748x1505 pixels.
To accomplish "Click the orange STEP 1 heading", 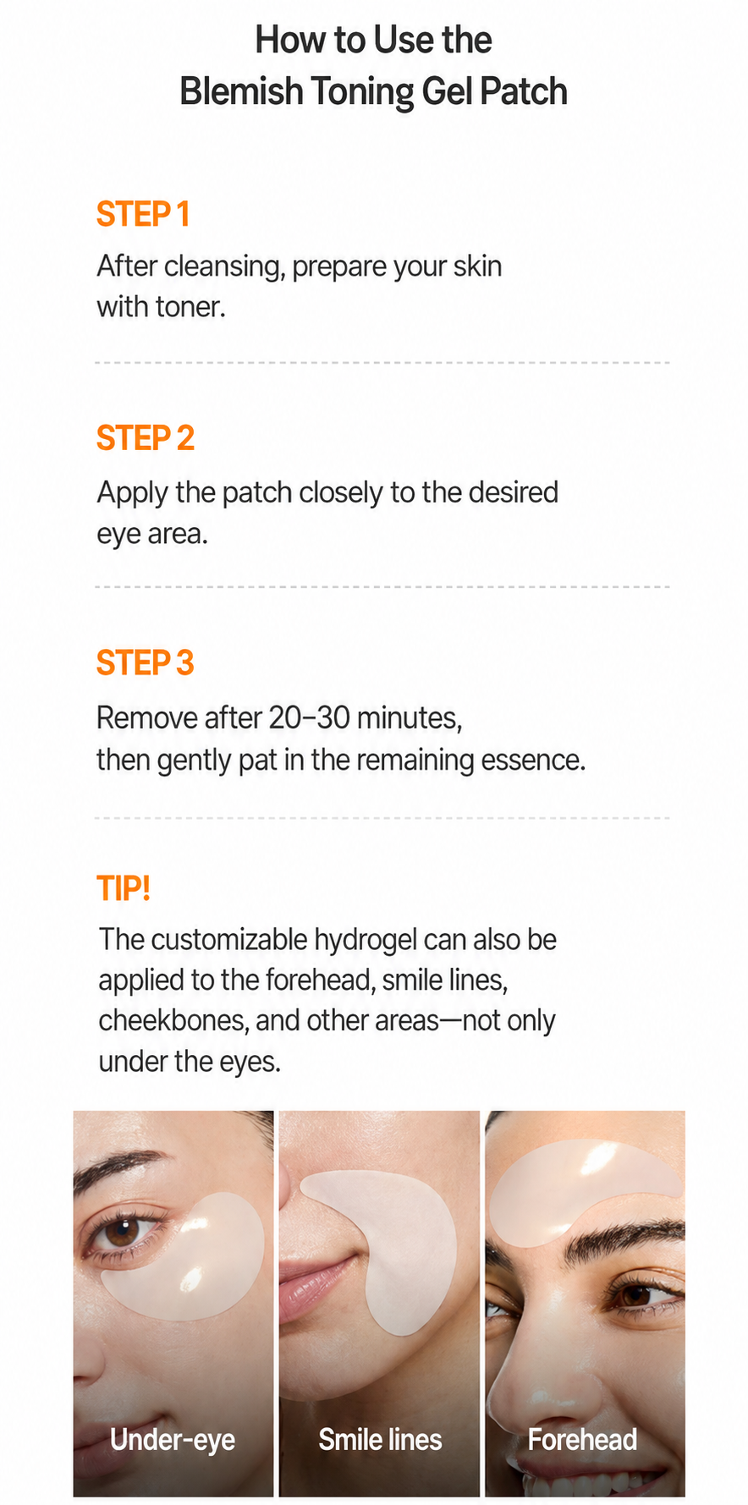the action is (142, 214).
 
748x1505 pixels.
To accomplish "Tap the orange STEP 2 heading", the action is (146, 438).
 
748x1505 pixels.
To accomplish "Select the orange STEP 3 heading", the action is (146, 663).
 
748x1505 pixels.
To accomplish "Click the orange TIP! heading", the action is (124, 888).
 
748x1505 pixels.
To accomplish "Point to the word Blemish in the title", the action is (241, 91).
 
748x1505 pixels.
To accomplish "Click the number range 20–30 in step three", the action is (310, 717).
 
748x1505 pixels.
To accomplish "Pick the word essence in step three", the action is (533, 760).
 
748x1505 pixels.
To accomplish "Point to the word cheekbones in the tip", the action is (174, 1020).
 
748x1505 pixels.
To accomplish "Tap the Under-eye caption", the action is (173, 1440).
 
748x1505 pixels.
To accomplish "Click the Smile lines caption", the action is (380, 1439).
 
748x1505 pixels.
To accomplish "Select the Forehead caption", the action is (582, 1439).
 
